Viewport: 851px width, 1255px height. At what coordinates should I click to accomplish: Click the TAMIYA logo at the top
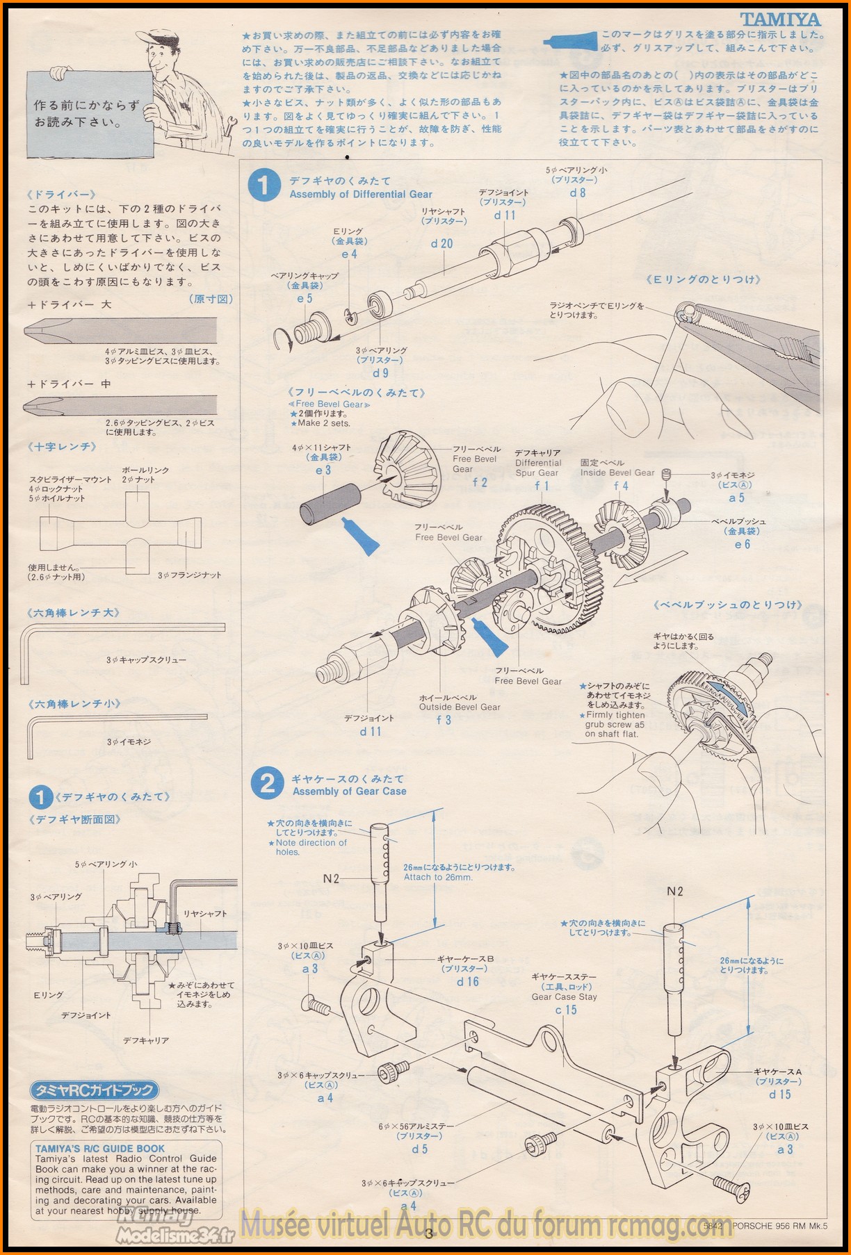point(779,19)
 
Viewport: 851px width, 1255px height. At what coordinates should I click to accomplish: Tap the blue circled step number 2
point(267,784)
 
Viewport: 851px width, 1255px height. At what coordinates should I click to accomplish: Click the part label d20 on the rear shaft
point(441,244)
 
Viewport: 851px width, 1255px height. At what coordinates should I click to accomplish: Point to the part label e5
point(305,298)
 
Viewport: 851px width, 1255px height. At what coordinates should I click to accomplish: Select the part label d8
point(577,193)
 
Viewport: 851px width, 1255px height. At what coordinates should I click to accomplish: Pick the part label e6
point(742,544)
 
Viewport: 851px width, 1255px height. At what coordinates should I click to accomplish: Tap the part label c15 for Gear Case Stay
point(565,1010)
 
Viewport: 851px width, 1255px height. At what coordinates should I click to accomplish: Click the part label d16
point(467,981)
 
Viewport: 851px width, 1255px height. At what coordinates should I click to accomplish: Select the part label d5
point(419,1149)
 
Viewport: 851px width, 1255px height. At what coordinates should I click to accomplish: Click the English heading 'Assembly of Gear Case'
point(349,791)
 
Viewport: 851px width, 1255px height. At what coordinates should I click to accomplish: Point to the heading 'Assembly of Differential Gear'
point(361,195)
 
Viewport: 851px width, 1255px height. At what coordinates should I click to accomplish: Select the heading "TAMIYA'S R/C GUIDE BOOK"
point(100,1149)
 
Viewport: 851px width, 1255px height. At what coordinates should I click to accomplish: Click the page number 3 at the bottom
point(428,1234)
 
